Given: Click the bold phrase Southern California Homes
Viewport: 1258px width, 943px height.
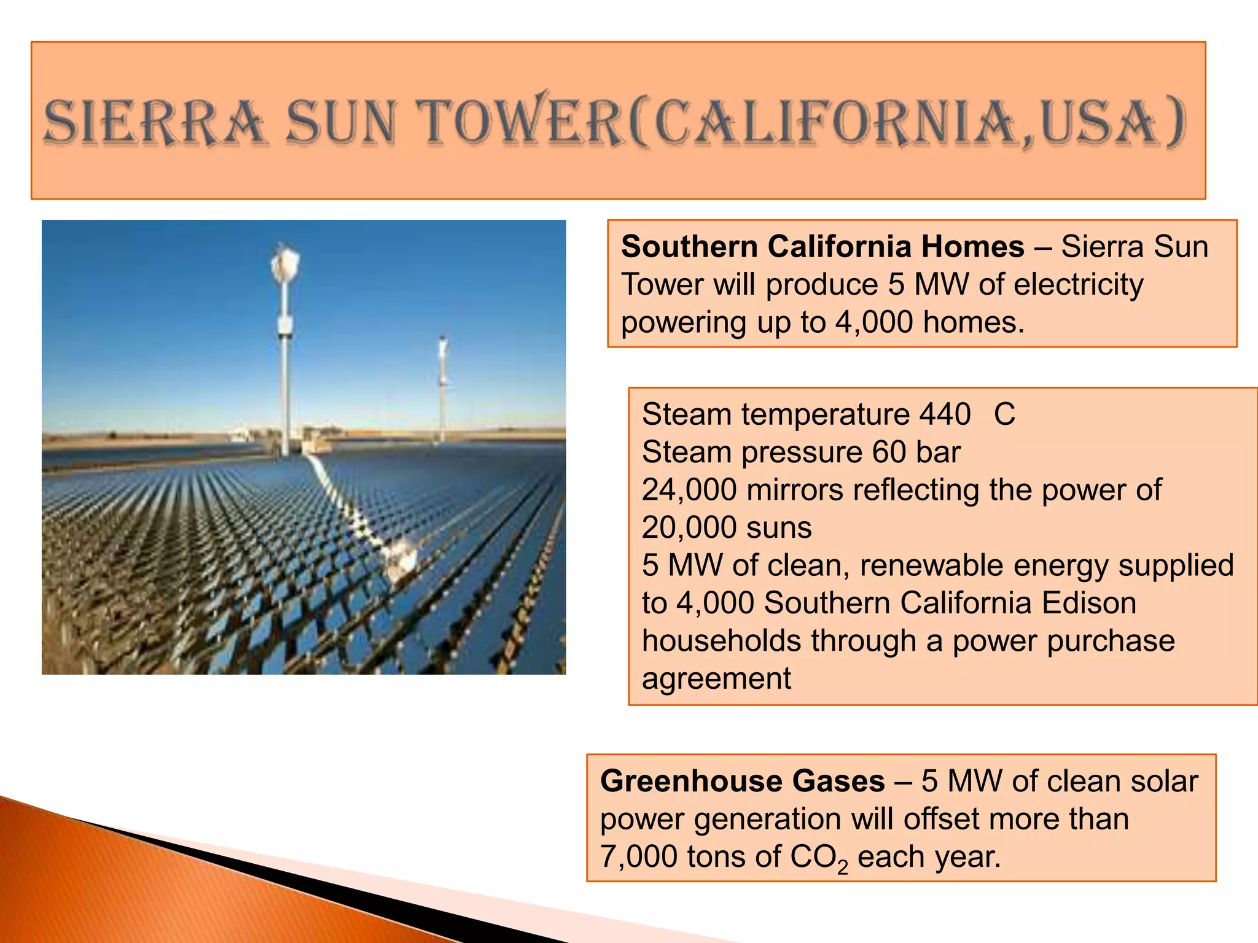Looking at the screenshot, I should [822, 247].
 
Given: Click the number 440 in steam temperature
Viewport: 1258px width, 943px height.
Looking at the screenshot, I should [945, 414].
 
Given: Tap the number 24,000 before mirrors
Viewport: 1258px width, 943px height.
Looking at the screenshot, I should [689, 490].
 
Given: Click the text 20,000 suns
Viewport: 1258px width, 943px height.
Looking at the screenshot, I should [727, 528].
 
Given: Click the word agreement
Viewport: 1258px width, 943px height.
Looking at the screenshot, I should [716, 679].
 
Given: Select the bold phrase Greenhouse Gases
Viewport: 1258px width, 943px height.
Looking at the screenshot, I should [743, 782].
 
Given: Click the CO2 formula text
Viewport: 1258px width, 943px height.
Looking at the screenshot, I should [818, 858].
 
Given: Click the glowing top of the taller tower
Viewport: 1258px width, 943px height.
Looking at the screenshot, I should [285, 263].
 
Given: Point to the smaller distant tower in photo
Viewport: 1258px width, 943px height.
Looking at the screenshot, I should [442, 387].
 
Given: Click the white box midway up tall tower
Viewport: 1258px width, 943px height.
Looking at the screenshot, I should [285, 325].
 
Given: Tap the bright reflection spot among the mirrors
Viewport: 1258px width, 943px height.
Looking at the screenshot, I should [399, 559].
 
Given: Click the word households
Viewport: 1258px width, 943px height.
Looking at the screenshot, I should [721, 642].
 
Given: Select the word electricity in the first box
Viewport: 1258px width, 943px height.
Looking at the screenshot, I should [1079, 285].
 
